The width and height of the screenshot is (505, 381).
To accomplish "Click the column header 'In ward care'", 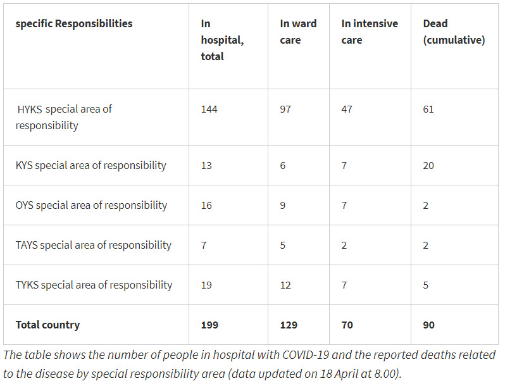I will coord(298,32).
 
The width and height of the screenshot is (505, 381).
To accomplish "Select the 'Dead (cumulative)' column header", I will coord(453,32).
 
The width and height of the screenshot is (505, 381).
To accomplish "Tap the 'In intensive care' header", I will coord(370,32).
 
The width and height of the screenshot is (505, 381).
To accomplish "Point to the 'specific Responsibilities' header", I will coord(74,23).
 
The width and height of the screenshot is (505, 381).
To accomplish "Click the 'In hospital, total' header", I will coord(221,40).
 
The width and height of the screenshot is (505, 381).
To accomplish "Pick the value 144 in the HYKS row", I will coord(209,109).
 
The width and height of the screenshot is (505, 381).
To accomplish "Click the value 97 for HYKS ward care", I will coord(286,109).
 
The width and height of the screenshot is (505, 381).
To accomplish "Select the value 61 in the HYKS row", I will coord(428,109).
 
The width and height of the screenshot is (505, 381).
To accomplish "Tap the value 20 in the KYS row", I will coord(429,165).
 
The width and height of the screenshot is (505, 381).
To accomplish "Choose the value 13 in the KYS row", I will coord(206,165).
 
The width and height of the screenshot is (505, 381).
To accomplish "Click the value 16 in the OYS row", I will coord(207,205).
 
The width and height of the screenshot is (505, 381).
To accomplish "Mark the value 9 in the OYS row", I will coord(283,205).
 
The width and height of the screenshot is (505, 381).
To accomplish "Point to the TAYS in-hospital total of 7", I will coord(204,245).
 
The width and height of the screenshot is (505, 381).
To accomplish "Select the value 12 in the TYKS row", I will coord(285,285).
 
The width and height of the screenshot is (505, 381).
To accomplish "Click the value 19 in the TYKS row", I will coord(207,285).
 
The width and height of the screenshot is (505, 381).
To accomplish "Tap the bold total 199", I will coord(209,325).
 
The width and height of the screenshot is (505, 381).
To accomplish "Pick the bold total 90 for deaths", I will coord(429,325).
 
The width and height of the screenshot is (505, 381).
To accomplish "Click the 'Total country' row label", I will coord(47,325).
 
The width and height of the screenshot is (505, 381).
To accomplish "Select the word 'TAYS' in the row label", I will coord(27,245).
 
